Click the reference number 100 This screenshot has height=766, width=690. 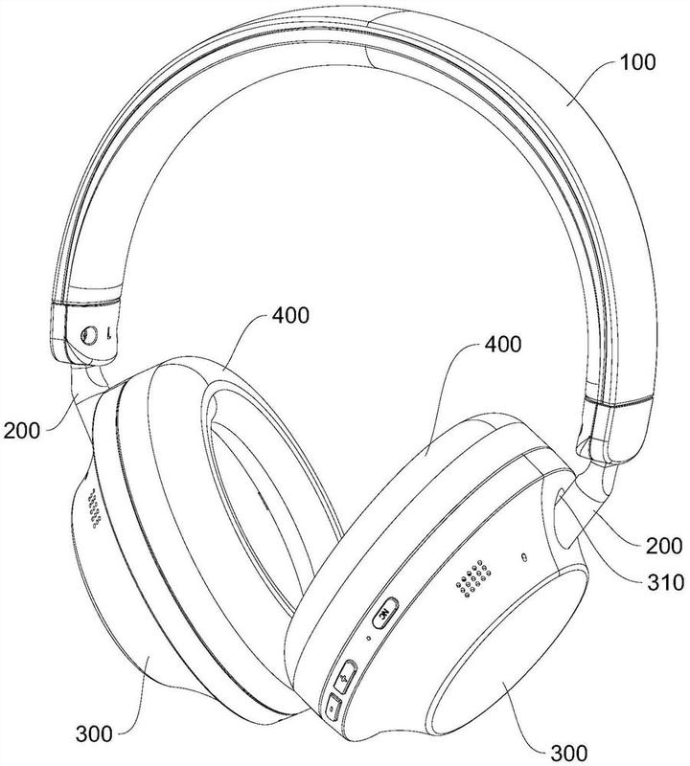(x=637, y=62)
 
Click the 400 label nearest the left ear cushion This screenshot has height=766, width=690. (x=290, y=316)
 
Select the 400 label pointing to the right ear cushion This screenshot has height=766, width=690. (x=503, y=345)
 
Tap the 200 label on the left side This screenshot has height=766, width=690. (x=21, y=431)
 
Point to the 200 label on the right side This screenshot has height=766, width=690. (x=664, y=546)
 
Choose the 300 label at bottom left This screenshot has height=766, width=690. (x=94, y=733)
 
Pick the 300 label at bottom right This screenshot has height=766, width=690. (x=569, y=753)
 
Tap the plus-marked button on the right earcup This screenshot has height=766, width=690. (x=345, y=677)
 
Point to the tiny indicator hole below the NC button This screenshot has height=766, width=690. (x=368, y=638)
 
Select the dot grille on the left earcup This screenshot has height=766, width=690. (x=95, y=509)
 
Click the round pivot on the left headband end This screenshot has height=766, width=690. (x=89, y=336)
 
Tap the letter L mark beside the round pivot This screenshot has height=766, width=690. (x=109, y=333)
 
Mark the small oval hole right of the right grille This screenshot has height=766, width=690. (x=524, y=557)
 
